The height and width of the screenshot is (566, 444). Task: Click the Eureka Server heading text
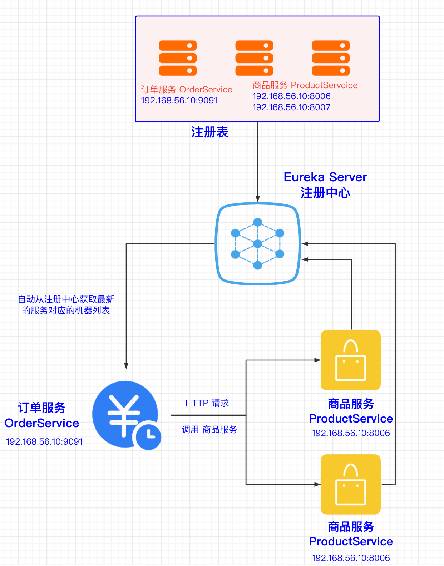point(325,177)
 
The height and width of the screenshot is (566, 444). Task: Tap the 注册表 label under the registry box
point(209,132)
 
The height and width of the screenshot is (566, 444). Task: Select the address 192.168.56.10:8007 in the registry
point(291,107)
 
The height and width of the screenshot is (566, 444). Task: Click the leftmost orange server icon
point(178,58)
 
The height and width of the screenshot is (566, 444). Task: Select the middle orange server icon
point(254,58)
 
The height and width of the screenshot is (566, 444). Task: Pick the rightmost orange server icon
point(331,58)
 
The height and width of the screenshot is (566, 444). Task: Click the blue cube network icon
point(258,244)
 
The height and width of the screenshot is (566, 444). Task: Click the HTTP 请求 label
point(207,403)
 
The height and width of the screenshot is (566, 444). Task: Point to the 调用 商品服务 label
point(209,429)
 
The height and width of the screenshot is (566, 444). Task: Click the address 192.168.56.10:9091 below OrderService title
point(44,441)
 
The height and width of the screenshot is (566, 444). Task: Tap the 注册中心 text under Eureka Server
point(325,193)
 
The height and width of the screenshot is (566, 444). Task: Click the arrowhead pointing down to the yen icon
point(126,366)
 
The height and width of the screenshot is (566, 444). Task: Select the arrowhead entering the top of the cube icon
point(258,199)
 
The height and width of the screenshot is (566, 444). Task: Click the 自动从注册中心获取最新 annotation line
point(66,299)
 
